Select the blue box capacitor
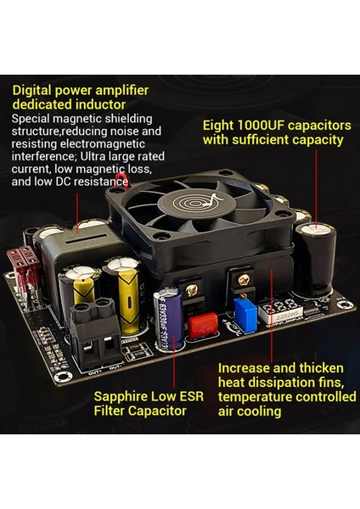(x=245, y=313)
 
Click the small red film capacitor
(x=202, y=325)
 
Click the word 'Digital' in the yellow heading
(x=34, y=90)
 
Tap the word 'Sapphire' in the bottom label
(x=123, y=396)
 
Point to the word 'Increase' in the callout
(x=245, y=368)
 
